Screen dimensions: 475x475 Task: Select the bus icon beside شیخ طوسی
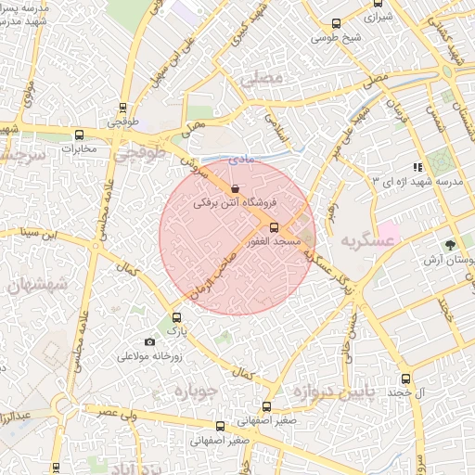coord(337,24)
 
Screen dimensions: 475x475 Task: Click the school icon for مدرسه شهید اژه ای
coord(418,167)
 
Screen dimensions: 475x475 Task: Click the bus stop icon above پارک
coord(176,316)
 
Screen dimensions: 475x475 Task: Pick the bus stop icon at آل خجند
coord(405,379)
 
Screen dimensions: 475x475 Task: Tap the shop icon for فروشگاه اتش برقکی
coord(232,187)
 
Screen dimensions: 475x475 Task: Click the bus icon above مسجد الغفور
coord(273,227)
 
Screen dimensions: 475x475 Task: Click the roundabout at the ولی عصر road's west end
coord(62,405)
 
